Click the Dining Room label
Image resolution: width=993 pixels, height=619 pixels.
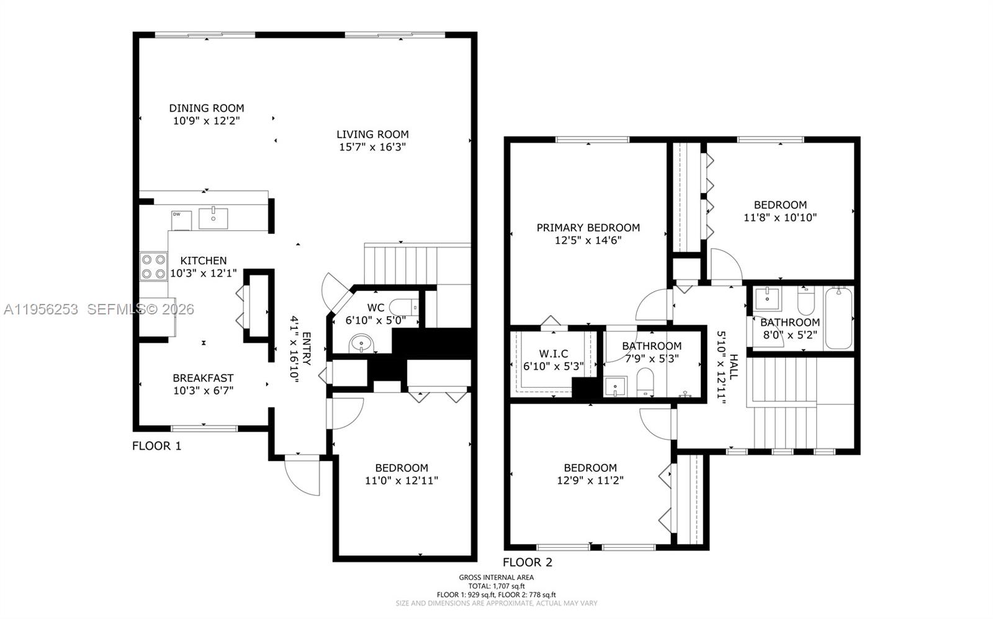(207, 108)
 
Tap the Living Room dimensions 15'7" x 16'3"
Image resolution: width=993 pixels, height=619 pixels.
(372, 147)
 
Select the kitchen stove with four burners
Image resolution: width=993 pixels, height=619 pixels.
(153, 266)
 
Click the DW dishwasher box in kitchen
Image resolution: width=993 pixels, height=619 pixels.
(179, 219)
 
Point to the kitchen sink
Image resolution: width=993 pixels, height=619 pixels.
(213, 218)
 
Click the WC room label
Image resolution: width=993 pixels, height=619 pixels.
(375, 308)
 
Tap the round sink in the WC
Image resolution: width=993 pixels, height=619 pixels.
(361, 343)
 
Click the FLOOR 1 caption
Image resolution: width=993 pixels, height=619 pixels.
(157, 445)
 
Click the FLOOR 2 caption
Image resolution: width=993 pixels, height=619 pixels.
(527, 563)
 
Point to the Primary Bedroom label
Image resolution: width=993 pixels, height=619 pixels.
(588, 228)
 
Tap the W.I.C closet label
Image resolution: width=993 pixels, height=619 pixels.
(553, 354)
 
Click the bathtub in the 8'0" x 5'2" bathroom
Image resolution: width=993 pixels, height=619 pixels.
(838, 318)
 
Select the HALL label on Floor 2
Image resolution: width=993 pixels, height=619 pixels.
(734, 367)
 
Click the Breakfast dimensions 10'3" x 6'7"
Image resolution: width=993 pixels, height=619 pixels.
(203, 391)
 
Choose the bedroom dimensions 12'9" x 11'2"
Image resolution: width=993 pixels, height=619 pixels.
(590, 480)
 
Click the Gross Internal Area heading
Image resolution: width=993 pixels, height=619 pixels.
(496, 577)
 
